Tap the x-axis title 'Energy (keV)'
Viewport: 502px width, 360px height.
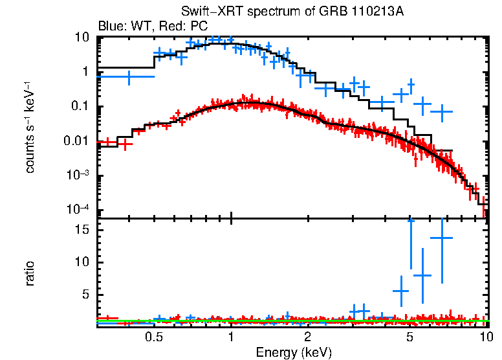[294, 352]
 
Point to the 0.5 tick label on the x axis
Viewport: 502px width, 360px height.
[153, 337]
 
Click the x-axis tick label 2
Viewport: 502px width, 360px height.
[307, 337]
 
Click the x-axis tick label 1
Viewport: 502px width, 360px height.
[231, 337]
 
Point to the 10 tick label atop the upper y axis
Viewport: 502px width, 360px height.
[82, 38]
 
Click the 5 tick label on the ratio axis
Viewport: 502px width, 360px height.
[85, 295]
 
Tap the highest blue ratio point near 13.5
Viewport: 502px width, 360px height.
[441, 238]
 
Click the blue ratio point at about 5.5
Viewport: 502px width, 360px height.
[401, 291]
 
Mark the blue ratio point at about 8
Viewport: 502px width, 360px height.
[422, 275]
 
